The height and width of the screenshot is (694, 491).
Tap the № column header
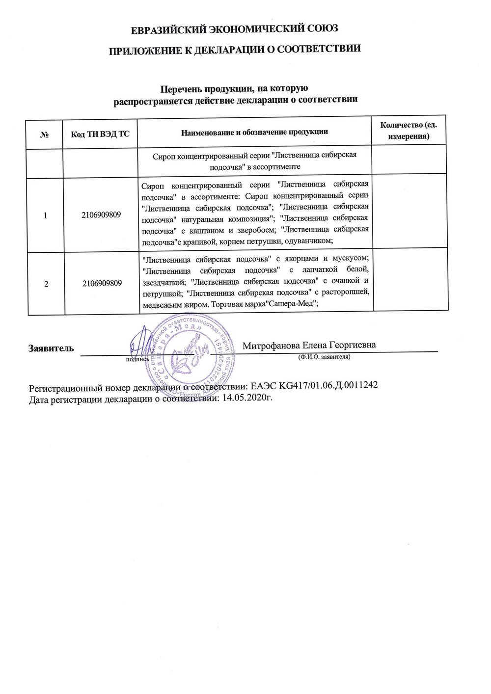pyautogui.click(x=45, y=133)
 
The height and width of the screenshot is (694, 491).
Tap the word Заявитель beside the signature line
pyautogui.click(x=52, y=348)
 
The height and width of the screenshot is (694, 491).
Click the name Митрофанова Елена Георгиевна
pyautogui.click(x=309, y=345)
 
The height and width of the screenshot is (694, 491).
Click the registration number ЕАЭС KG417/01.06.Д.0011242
pyautogui.click(x=314, y=385)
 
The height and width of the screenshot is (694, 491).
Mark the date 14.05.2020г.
pyautogui.click(x=247, y=398)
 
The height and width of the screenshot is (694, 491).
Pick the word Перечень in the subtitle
pyautogui.click(x=182, y=89)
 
